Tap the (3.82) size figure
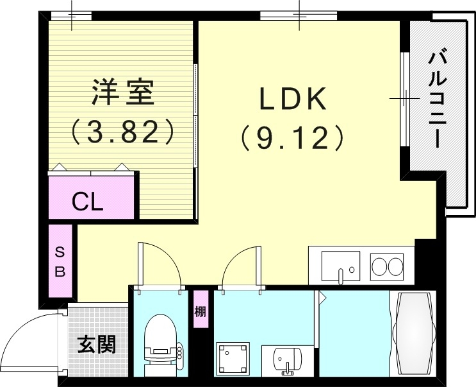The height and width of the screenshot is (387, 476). pyautogui.click(x=122, y=132)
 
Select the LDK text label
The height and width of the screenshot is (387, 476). pyautogui.click(x=293, y=100)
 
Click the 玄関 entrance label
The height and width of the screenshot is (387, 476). pyautogui.click(x=97, y=345)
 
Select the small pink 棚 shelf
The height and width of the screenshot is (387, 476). pyautogui.click(x=201, y=310)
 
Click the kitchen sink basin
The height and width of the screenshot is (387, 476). pyautogui.click(x=340, y=265)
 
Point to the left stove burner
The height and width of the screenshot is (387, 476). pyautogui.click(x=379, y=265)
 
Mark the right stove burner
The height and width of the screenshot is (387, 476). pyautogui.click(x=395, y=265)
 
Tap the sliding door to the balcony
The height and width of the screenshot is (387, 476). pyautogui.click(x=404, y=99)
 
